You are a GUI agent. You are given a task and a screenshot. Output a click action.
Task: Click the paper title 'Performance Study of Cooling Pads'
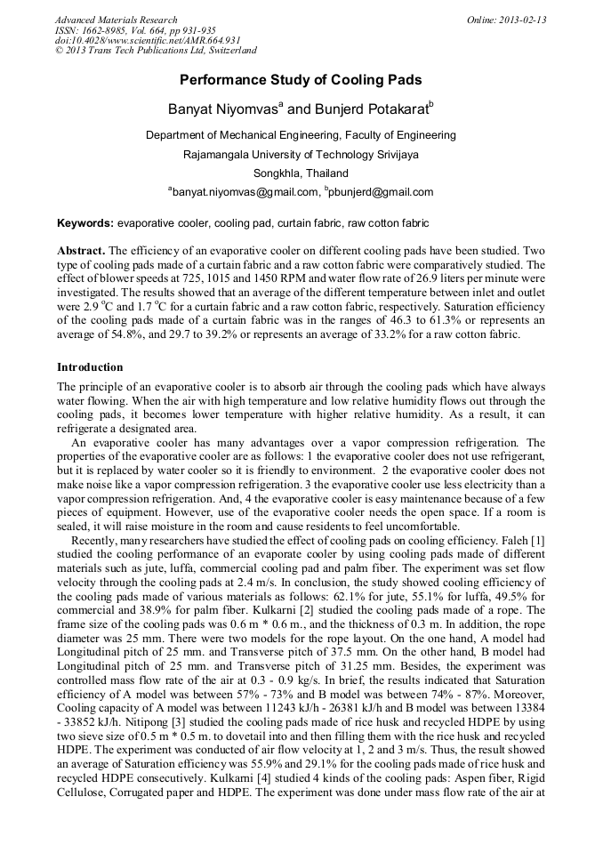301,80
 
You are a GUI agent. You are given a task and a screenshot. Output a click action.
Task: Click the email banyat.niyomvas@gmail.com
244,192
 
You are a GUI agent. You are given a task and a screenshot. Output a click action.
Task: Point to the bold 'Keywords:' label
85,223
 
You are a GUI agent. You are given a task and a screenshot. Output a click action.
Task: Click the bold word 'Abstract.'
81,252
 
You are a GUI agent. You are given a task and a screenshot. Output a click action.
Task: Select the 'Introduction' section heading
90,367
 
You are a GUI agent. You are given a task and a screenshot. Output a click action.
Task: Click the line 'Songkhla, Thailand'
301,173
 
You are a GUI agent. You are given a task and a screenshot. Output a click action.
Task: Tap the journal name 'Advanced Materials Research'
116,20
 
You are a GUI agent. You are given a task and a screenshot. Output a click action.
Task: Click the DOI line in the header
148,41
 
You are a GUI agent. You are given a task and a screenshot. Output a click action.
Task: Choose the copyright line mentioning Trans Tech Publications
156,52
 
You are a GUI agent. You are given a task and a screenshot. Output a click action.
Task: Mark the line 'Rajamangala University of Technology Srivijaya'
301,154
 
